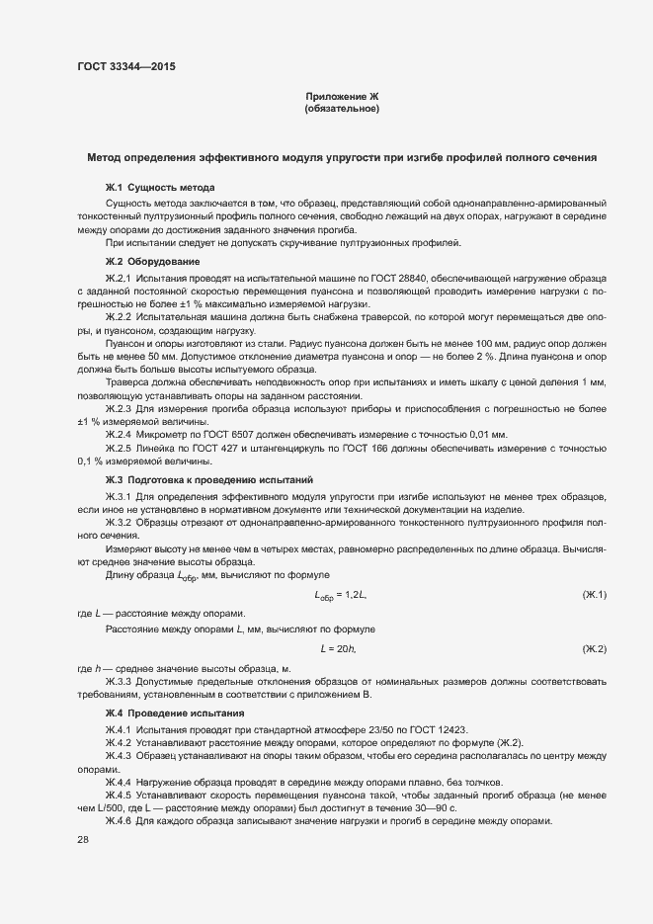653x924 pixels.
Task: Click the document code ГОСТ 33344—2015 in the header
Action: (x=127, y=67)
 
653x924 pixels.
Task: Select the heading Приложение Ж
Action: (x=342, y=96)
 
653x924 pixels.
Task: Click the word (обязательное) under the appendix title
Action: (x=342, y=109)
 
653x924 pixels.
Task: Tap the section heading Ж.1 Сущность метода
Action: (x=160, y=187)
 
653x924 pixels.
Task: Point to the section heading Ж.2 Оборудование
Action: (x=152, y=262)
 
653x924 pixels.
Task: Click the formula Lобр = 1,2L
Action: (x=341, y=595)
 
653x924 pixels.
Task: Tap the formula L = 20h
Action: (x=338, y=648)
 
